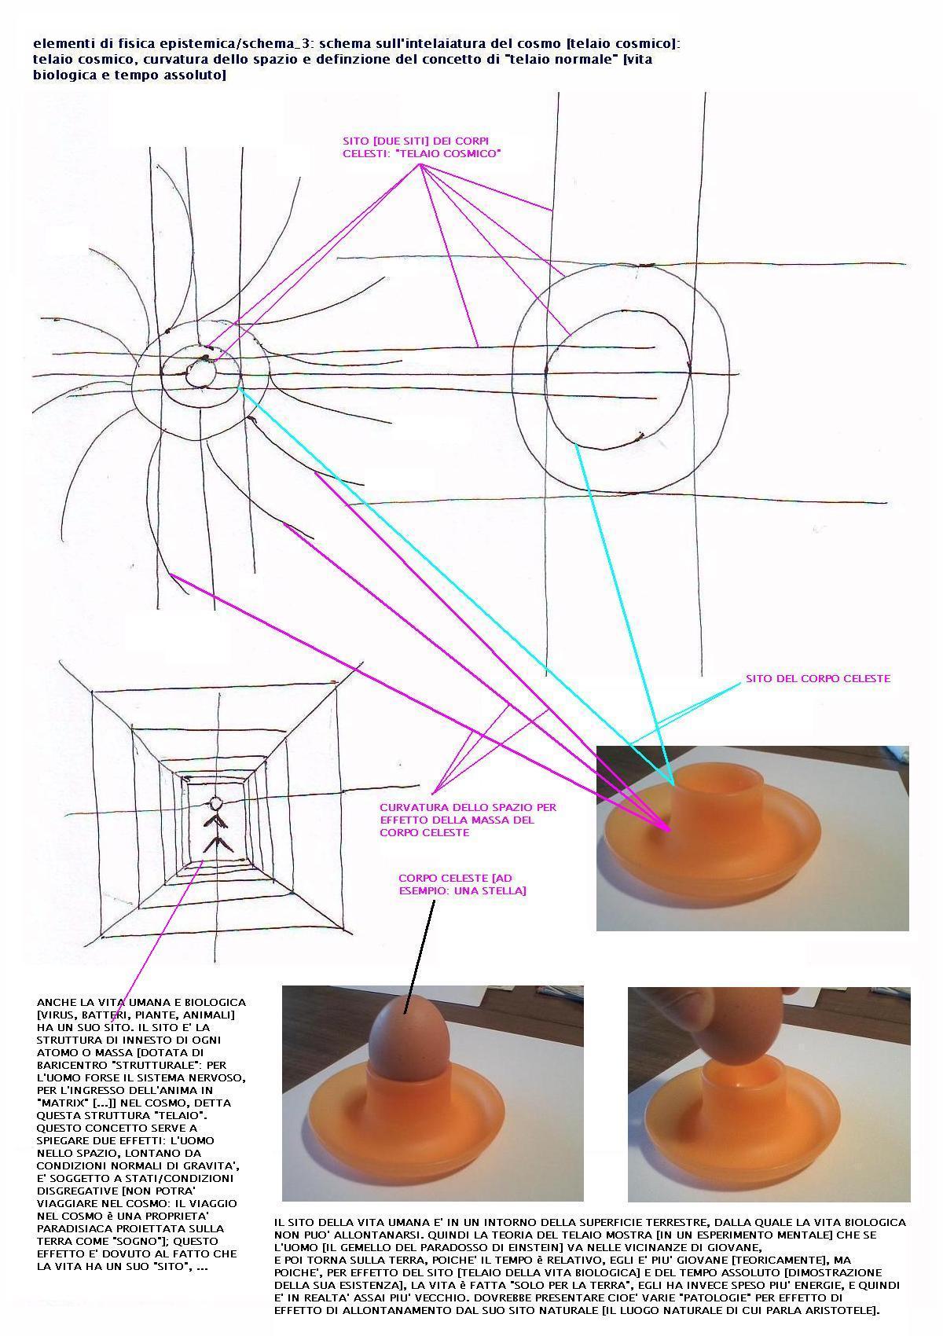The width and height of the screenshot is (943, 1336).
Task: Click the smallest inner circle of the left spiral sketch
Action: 200,373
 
